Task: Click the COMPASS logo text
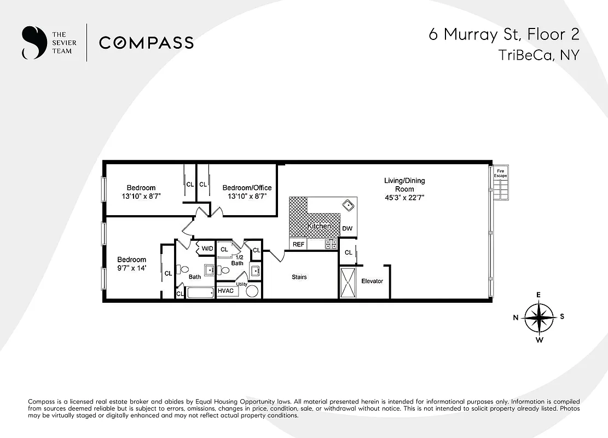(146, 43)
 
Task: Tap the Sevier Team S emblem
(33, 43)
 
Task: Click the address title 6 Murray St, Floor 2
(503, 34)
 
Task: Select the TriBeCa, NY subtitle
(538, 55)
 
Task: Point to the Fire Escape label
(501, 174)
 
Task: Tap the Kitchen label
(319, 226)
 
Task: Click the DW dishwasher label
(347, 229)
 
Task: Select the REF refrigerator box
(298, 245)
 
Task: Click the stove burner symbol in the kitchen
(331, 244)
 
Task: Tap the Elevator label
(372, 281)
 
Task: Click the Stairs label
(299, 277)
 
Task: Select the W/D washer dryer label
(207, 249)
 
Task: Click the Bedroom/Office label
(247, 188)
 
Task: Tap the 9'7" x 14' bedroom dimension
(132, 268)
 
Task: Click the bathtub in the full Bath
(200, 292)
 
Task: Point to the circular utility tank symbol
(252, 290)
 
